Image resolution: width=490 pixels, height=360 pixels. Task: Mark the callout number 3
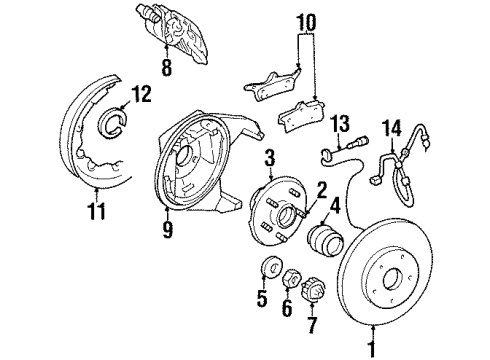pos(269,158)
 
